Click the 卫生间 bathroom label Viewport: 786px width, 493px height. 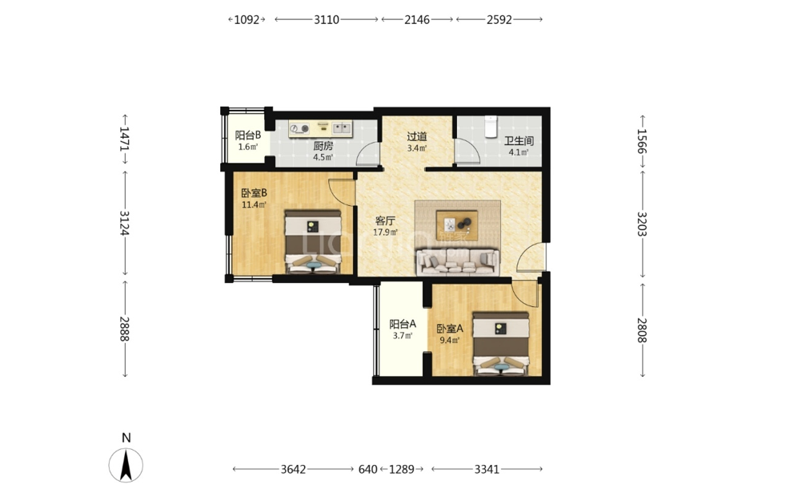[519, 141]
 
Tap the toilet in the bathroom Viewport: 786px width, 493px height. [490, 126]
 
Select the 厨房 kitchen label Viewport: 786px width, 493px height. [323, 146]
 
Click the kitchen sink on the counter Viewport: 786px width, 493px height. [342, 128]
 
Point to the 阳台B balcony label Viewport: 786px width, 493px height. [247, 135]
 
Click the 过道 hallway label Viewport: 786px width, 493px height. [416, 136]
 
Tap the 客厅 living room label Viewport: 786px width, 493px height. [385, 221]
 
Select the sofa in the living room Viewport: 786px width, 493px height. [457, 262]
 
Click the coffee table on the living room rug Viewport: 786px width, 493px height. [457, 225]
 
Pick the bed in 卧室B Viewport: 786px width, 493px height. [313, 241]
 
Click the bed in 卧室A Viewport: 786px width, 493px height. [501, 344]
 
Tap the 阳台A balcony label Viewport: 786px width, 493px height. [403, 325]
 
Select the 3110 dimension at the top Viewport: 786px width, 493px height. [327, 19]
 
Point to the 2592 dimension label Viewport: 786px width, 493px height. [499, 19]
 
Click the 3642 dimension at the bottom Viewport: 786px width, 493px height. [293, 470]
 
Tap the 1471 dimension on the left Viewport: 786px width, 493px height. [124, 138]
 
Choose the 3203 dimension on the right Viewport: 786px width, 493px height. [642, 224]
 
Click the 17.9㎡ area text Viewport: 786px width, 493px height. [385, 232]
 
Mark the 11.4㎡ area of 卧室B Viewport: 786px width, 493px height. [254, 205]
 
